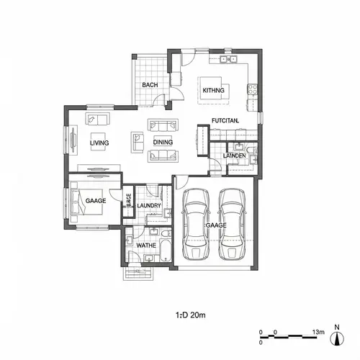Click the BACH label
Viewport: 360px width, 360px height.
(150, 85)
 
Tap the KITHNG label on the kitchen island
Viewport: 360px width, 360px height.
(214, 90)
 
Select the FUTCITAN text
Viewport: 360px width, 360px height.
(225, 120)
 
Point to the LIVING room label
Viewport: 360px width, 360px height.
(99, 143)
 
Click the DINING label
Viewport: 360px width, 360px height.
(163, 143)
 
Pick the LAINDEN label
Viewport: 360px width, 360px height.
(235, 156)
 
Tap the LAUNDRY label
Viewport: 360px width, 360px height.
(149, 205)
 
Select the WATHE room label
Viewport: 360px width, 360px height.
(147, 246)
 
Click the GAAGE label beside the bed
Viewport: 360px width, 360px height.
(96, 201)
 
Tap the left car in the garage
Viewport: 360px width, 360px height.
(195, 225)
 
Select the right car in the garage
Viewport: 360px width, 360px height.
(234, 225)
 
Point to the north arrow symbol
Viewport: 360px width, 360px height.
(336, 336)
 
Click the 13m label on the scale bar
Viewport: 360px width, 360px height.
(317, 332)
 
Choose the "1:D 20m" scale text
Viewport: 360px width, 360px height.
(191, 315)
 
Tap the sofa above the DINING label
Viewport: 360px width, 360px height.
(158, 124)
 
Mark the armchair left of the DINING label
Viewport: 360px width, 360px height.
(137, 143)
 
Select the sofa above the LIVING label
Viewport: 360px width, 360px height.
(98, 120)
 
